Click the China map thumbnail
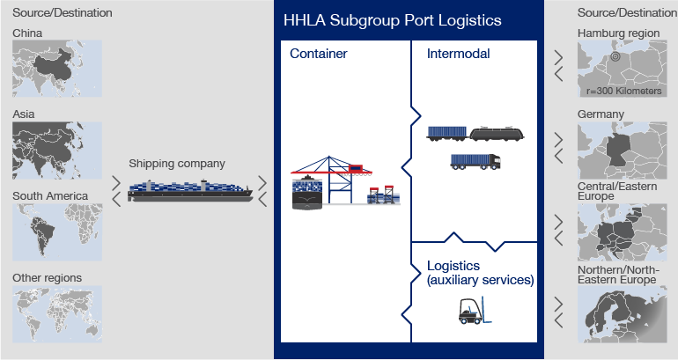tap(57, 69)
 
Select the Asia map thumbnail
tap(57, 151)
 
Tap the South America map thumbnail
tap(57, 232)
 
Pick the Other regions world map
tap(57, 313)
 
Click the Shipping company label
tap(177, 164)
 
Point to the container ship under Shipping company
tap(190, 191)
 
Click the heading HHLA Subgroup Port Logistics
tap(392, 20)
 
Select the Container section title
tap(318, 54)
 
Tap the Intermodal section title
tap(459, 54)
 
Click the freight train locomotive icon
tap(497, 134)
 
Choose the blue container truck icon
tap(475, 161)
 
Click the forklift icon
tap(475, 311)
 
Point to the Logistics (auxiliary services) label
tap(481, 273)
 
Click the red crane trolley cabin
tap(356, 168)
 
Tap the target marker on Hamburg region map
tap(615, 56)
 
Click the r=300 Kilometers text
tap(624, 91)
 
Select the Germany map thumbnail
tap(623, 151)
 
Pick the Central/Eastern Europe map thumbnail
tap(623, 232)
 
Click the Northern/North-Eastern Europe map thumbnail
tap(623, 314)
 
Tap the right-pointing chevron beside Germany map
tap(558, 139)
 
